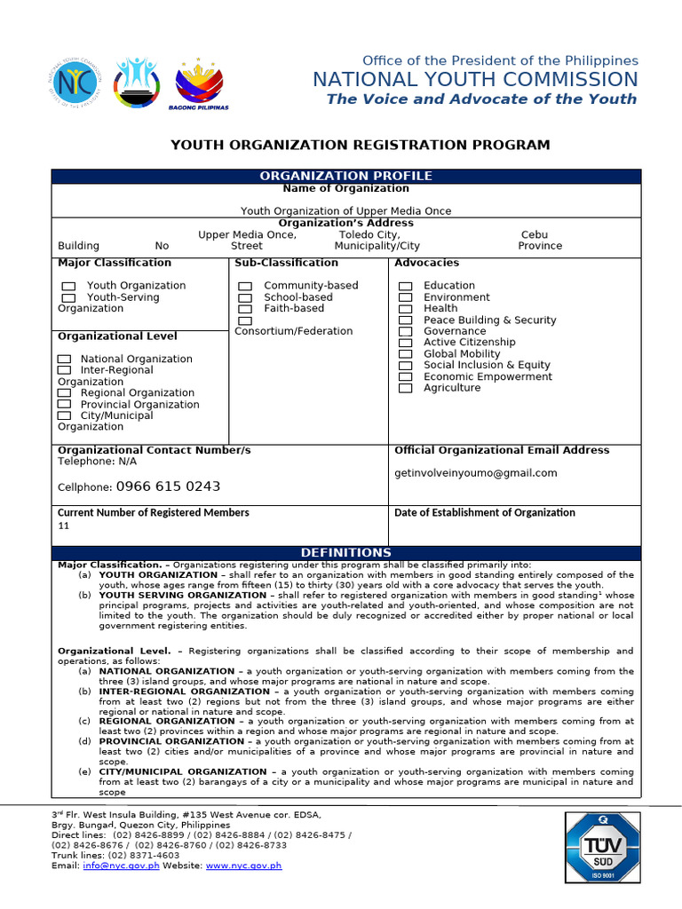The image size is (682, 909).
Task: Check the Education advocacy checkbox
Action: [x=405, y=286]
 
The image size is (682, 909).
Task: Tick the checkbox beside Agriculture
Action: [x=405, y=388]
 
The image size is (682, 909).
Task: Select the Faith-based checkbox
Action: [x=245, y=309]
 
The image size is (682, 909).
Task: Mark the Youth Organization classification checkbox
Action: [x=68, y=286]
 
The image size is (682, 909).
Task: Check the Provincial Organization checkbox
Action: [x=64, y=405]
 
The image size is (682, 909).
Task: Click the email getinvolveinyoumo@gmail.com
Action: [x=476, y=473]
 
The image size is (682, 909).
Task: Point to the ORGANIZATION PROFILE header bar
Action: [x=345, y=176]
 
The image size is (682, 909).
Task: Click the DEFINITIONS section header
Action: [x=345, y=553]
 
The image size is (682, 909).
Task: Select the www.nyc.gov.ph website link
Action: [x=243, y=866]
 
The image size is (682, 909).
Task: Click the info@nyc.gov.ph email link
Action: [x=121, y=866]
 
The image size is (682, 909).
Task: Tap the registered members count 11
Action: [x=63, y=526]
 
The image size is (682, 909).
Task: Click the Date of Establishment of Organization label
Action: [x=484, y=512]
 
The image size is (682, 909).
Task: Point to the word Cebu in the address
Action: [x=535, y=235]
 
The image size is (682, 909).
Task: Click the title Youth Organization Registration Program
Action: [x=360, y=145]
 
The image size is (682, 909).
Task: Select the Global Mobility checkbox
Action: [x=405, y=354]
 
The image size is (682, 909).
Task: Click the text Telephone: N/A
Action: [x=98, y=462]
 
